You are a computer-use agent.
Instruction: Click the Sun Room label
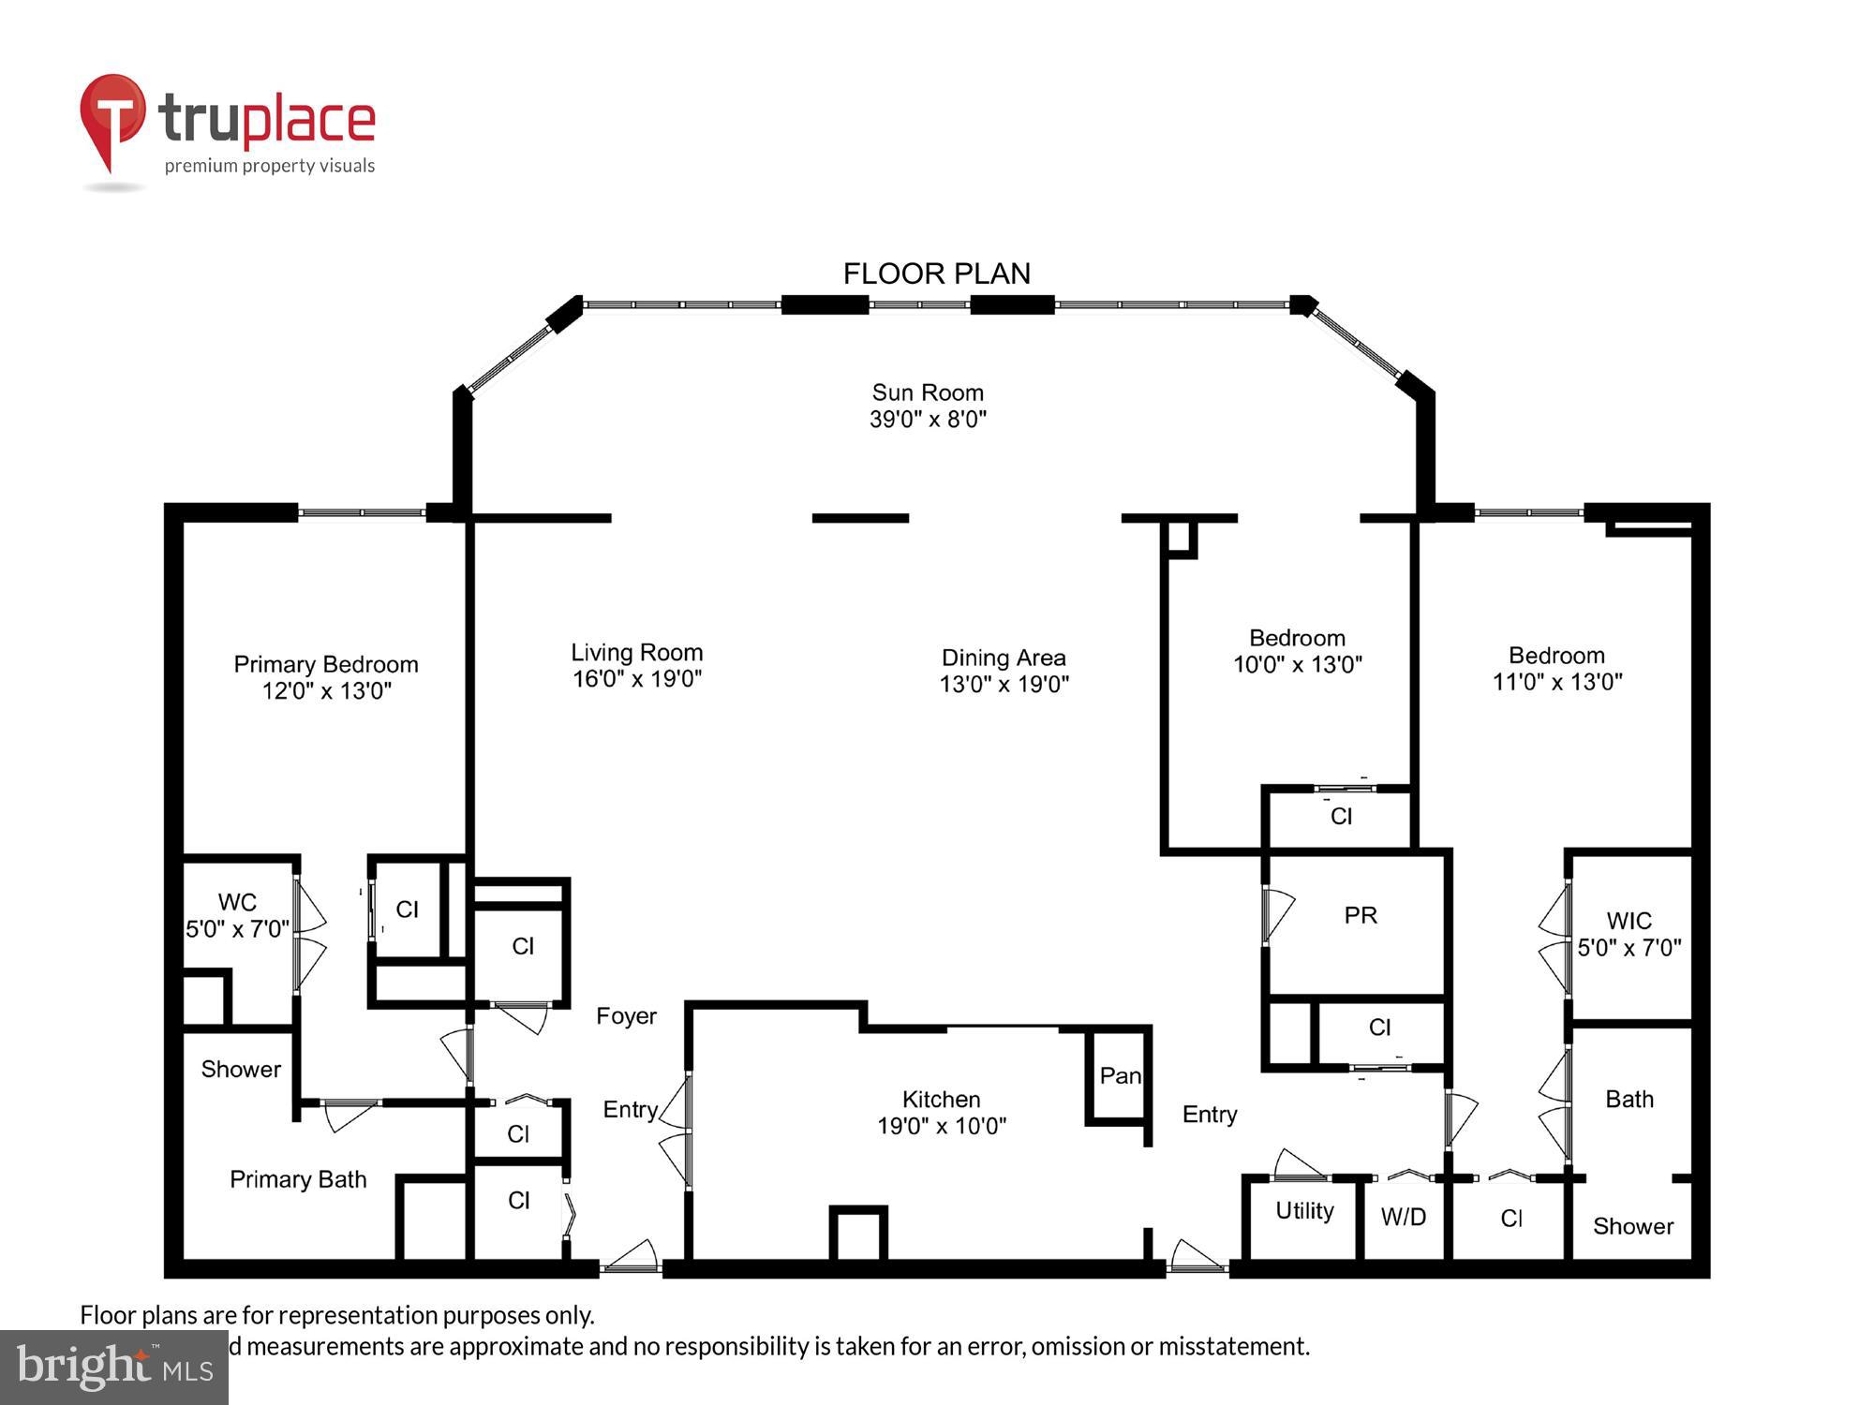pos(928,392)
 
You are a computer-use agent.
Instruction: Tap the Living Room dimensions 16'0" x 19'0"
pos(637,679)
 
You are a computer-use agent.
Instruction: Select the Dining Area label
pos(1004,658)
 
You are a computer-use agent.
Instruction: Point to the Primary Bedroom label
pos(326,664)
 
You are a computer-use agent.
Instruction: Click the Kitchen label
pos(941,1099)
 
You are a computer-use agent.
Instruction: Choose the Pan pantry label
pos(1120,1075)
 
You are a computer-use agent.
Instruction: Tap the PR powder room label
pos(1361,915)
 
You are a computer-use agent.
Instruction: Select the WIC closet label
pos(1629,920)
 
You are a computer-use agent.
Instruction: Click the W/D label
pos(1403,1217)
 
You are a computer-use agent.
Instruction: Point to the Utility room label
pos(1304,1211)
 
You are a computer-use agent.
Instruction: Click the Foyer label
pos(626,1016)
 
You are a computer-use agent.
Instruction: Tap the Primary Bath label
pos(298,1179)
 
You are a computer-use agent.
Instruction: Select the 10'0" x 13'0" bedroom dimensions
pos(1297,665)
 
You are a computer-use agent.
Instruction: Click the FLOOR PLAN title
pos(936,274)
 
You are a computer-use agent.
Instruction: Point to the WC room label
pos(237,902)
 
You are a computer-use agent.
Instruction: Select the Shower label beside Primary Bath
pos(241,1069)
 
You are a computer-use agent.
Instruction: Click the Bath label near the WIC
pos(1629,1099)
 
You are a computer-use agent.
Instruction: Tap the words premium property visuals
pos(270,166)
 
